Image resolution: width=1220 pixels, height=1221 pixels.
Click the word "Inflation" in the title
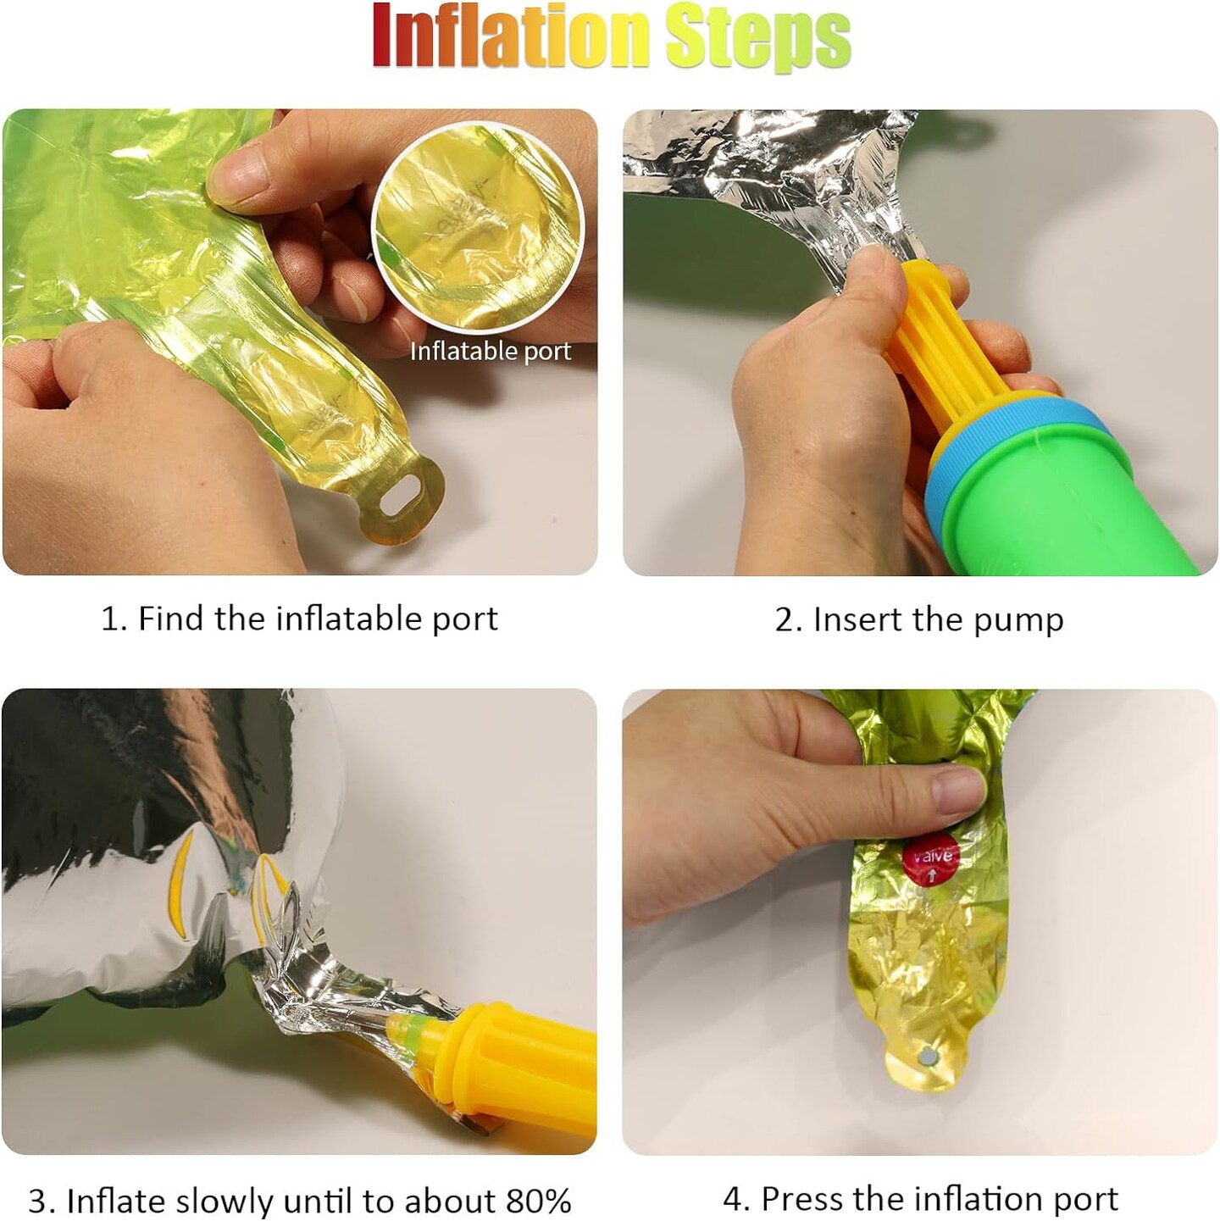[x=509, y=36]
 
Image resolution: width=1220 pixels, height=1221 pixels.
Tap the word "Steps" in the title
[x=758, y=38]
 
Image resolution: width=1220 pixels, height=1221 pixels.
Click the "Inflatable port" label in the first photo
[x=491, y=351]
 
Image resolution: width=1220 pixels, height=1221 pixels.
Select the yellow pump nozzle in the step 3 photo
[x=501, y=1064]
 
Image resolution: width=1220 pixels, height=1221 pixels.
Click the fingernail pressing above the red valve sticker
[x=957, y=790]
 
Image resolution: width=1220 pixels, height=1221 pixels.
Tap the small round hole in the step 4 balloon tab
[x=928, y=1057]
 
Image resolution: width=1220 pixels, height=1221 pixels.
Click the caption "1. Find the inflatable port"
[x=299, y=619]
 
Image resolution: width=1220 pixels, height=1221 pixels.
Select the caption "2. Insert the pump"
[x=919, y=620]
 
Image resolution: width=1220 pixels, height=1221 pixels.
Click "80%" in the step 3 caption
[x=539, y=1183]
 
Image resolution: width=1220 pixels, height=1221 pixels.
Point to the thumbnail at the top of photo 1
[x=239, y=174]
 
